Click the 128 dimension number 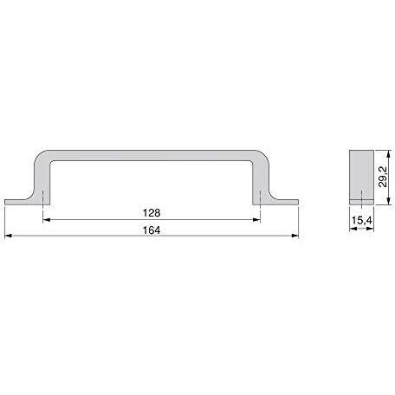(x=152, y=213)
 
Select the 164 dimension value (x=152, y=230)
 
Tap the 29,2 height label (x=383, y=177)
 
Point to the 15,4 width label (x=361, y=220)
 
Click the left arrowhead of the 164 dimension (x=8, y=236)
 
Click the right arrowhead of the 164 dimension (x=295, y=236)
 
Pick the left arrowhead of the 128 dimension (x=47, y=220)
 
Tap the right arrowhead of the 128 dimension (x=256, y=220)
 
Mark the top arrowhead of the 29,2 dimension (x=389, y=154)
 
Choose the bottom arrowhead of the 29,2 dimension (x=389, y=201)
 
